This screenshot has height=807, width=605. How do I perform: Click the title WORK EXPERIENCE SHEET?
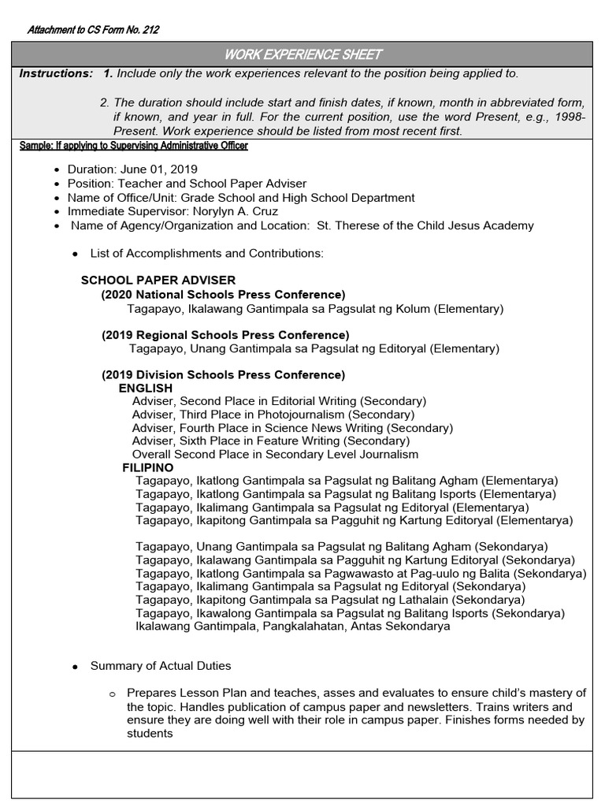[x=303, y=54]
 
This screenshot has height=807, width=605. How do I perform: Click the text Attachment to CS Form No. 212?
[x=94, y=31]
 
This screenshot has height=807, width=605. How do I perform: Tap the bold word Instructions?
[x=56, y=73]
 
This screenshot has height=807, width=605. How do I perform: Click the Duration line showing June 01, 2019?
[x=132, y=169]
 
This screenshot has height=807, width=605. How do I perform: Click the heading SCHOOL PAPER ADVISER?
[x=158, y=281]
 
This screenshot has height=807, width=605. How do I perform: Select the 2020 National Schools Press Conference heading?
[x=223, y=295]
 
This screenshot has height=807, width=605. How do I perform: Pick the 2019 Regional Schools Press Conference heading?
[x=225, y=335]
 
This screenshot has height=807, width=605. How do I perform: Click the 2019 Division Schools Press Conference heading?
[x=223, y=375]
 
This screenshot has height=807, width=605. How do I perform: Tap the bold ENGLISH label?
[x=145, y=389]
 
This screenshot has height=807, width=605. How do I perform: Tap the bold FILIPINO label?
[x=148, y=467]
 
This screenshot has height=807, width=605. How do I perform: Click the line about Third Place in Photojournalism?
[x=273, y=415]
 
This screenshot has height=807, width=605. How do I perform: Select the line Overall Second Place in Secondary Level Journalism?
[x=275, y=454]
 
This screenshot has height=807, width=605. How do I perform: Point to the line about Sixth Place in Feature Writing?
[x=270, y=441]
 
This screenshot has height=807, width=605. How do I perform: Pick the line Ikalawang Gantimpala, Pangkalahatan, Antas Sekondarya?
[x=293, y=627]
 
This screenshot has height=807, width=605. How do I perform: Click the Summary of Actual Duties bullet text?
[x=161, y=666]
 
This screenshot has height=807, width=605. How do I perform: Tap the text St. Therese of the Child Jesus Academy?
[x=425, y=225]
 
